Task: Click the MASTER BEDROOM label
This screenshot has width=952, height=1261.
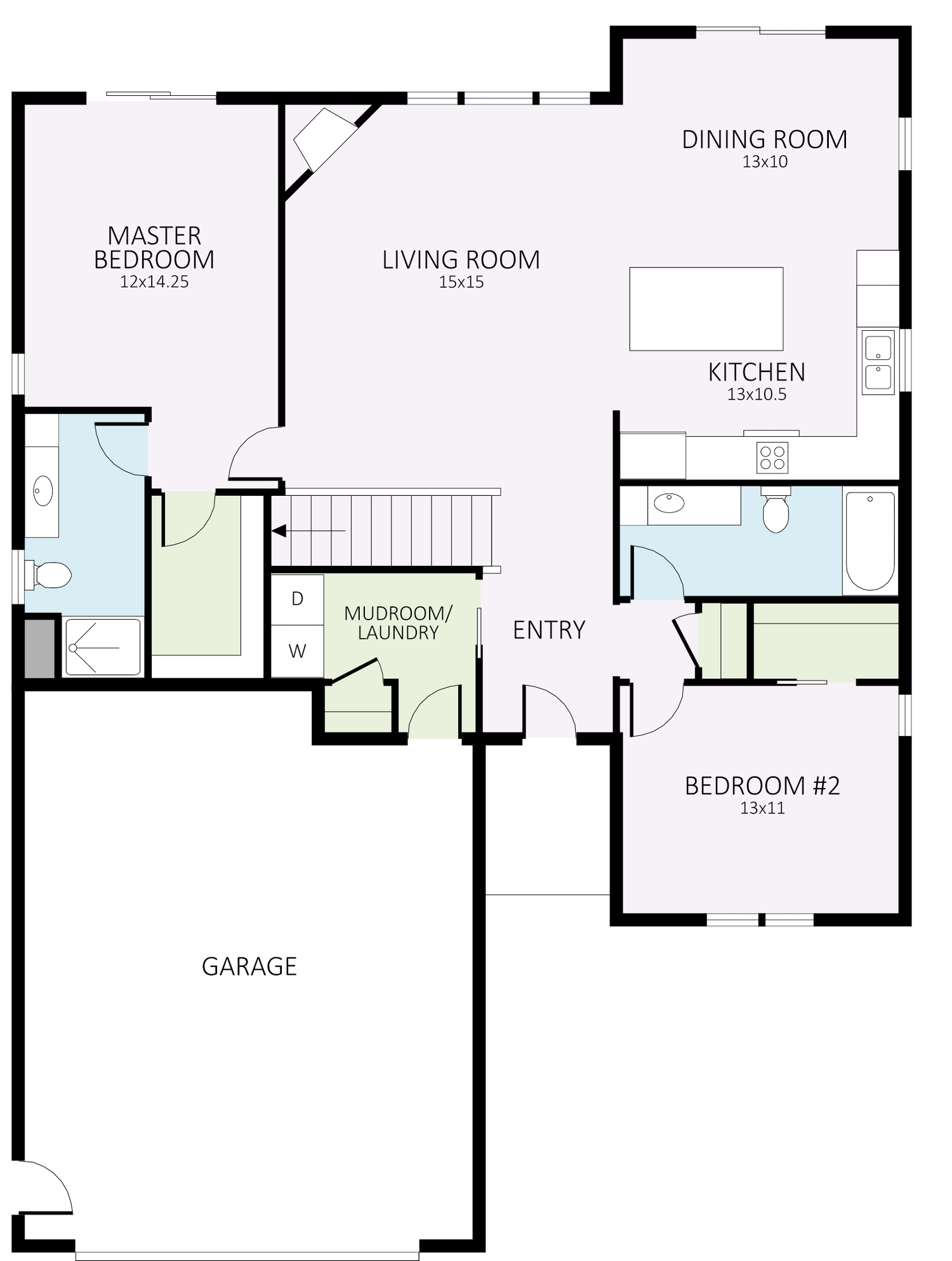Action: coord(154,248)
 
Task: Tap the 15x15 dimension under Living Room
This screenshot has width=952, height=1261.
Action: coord(461,283)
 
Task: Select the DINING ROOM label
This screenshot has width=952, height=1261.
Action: coord(764,140)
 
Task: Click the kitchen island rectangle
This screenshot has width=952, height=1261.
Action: coord(706,309)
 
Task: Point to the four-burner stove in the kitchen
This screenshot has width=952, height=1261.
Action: coord(772,457)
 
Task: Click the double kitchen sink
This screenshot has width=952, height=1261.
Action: coord(878,362)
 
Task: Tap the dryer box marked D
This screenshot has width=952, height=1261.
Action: coord(297,599)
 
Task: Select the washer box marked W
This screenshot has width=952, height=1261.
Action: coord(297,651)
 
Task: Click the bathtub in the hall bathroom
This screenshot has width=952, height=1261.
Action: coord(870,541)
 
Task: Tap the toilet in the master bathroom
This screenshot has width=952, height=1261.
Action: coord(51,575)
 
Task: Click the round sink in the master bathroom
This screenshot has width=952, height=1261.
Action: coord(43,491)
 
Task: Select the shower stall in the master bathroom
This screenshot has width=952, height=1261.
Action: coord(103,647)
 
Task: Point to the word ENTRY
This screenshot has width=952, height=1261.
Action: coord(548,630)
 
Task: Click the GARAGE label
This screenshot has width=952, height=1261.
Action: coord(249,966)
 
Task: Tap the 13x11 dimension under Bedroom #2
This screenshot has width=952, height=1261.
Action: coord(762,809)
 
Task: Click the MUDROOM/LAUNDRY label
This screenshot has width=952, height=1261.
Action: coord(398,623)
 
